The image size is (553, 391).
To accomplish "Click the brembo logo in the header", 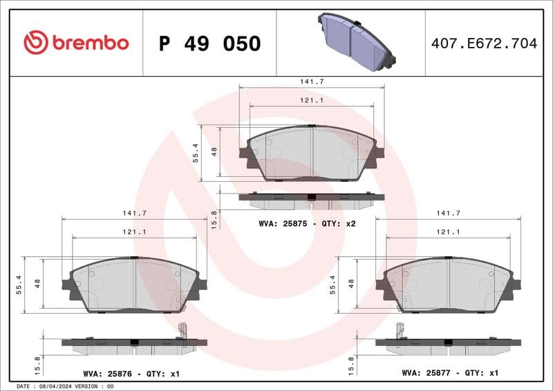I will point(76,43).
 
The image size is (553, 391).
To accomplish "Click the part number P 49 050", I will point(209,44).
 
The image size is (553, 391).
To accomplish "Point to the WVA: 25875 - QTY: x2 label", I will point(307,223).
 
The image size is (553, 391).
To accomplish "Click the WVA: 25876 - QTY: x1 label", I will point(131,374).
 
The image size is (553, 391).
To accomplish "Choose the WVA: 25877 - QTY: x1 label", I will point(450,374).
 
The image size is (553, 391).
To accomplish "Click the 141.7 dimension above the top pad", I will point(312,82).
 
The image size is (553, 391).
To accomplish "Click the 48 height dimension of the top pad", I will point(214,151).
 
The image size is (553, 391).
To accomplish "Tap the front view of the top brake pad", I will point(312,153).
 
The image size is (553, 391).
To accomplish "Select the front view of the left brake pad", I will point(135,285).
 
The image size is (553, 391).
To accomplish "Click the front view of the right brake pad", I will point(449,285).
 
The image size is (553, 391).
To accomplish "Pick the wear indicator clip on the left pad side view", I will point(182,332).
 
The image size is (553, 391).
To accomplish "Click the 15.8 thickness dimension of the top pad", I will point(214,220).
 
